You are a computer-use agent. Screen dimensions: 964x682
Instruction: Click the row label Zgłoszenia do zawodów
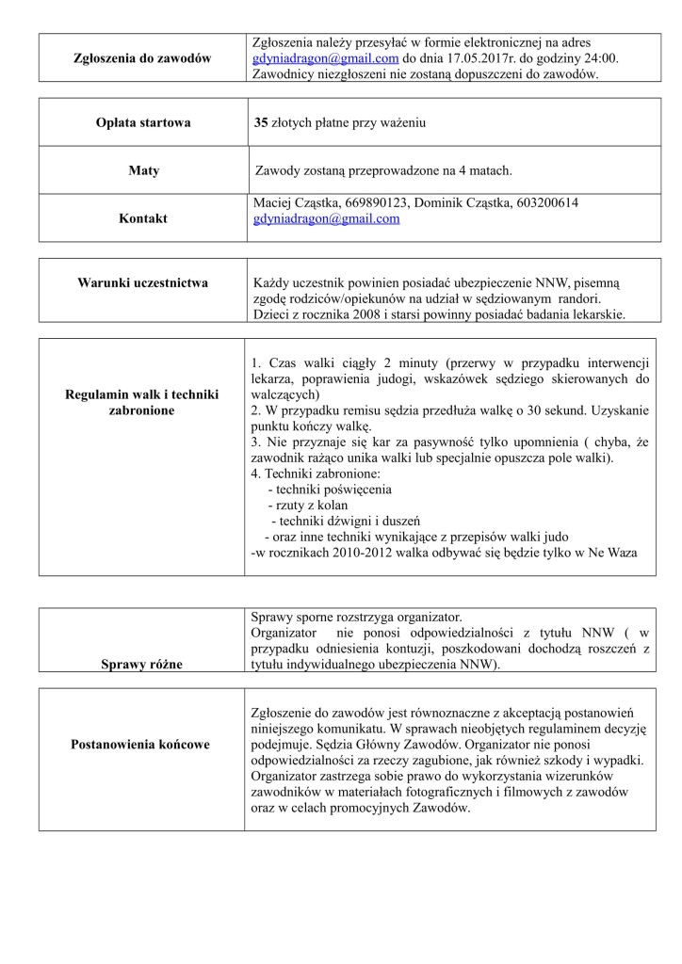[141, 58]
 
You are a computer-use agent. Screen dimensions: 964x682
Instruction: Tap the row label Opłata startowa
[143, 122]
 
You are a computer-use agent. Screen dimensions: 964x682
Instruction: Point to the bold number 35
[262, 122]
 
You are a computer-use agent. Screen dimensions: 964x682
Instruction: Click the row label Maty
[143, 170]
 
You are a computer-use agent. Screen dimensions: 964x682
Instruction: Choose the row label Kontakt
[143, 218]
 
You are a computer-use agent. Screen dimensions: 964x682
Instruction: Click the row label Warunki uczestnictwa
[143, 282]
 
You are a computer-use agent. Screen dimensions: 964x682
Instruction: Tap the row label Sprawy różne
[143, 665]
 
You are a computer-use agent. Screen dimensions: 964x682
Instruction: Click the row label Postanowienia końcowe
[143, 745]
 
